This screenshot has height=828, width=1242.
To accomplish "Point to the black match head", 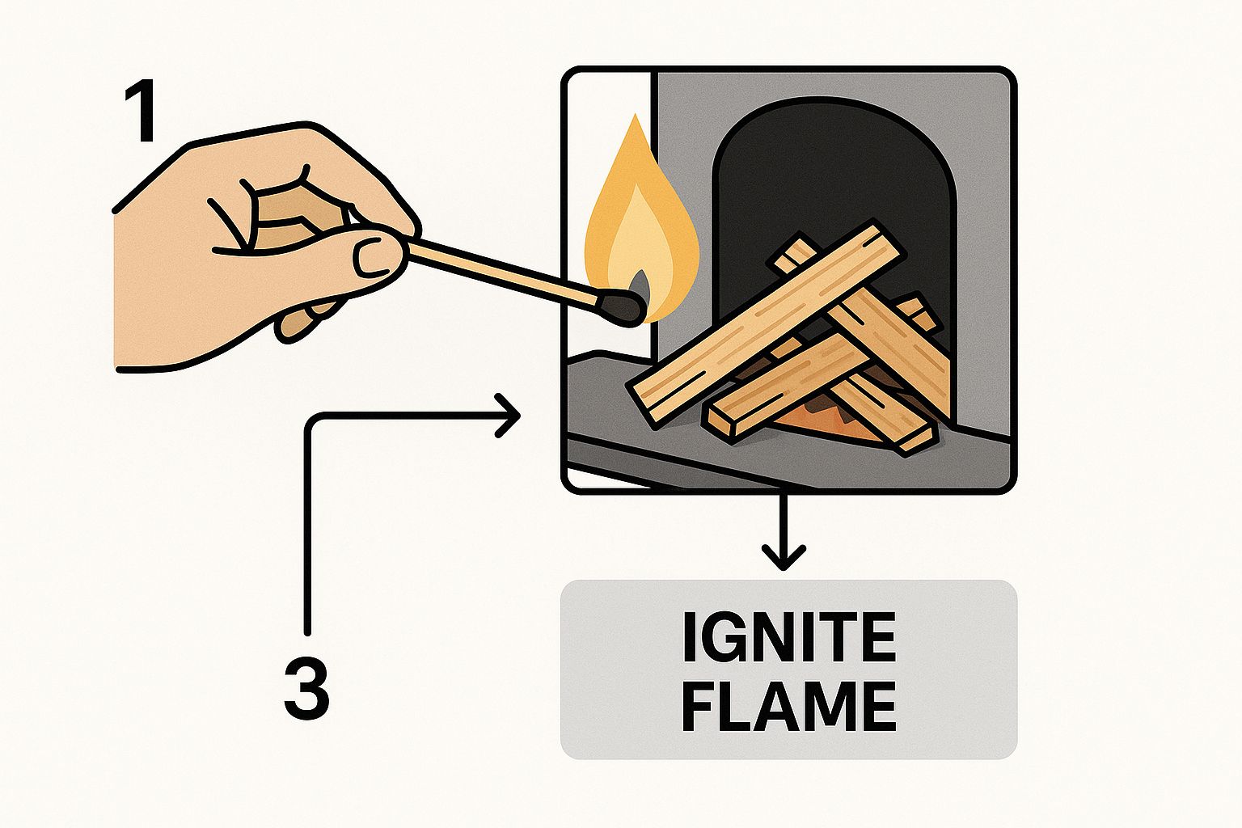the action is click(x=620, y=308).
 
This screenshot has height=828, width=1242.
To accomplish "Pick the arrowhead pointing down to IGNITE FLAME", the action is click(x=783, y=557).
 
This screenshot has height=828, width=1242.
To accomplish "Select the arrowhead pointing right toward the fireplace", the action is click(x=507, y=416).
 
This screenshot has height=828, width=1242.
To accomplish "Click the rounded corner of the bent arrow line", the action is click(x=314, y=421).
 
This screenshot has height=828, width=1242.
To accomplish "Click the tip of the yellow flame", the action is click(x=636, y=116).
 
